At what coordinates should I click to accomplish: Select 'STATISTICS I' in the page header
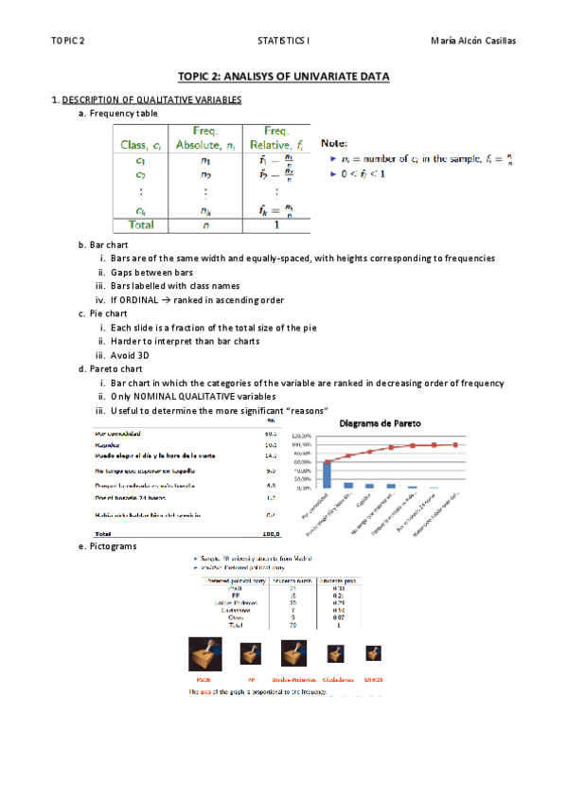point(283,41)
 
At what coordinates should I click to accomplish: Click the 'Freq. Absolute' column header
point(205,138)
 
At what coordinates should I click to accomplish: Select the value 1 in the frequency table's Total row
point(275,224)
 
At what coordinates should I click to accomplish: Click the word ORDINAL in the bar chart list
point(145,299)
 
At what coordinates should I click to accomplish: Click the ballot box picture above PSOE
point(204,654)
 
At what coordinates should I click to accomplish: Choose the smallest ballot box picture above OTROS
point(375,653)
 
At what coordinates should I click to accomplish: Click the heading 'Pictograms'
point(112,547)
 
